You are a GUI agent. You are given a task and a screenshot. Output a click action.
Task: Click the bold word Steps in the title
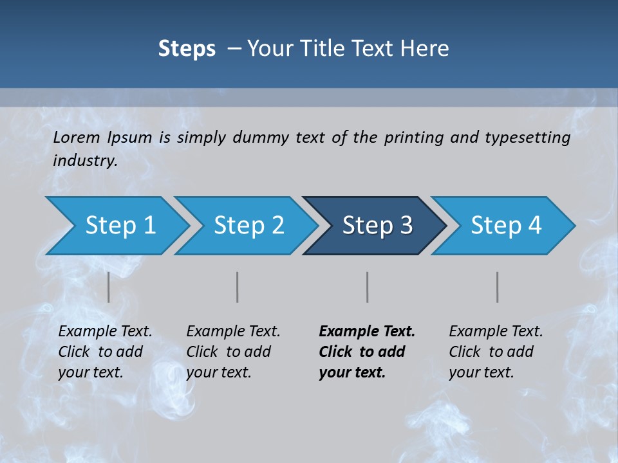pyautogui.click(x=187, y=49)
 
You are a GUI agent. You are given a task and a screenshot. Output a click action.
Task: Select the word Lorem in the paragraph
pyautogui.click(x=77, y=137)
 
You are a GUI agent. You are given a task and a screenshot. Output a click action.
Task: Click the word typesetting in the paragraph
pyautogui.click(x=527, y=137)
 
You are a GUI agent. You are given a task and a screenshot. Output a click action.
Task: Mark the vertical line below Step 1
pyautogui.click(x=108, y=287)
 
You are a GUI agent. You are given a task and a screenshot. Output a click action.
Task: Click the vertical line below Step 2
pyautogui.click(x=238, y=287)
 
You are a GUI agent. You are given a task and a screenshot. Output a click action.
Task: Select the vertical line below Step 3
pyautogui.click(x=367, y=287)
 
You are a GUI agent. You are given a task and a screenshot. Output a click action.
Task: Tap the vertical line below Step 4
pyautogui.click(x=497, y=287)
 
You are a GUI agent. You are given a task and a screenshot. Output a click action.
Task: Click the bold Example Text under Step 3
pyautogui.click(x=367, y=332)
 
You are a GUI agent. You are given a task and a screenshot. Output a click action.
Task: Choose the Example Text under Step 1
pyautogui.click(x=105, y=332)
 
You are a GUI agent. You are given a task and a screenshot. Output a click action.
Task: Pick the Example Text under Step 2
pyautogui.click(x=233, y=332)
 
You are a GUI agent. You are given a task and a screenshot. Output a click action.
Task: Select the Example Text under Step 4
pyautogui.click(x=496, y=332)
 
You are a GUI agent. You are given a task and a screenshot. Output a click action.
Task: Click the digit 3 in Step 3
pyautogui.click(x=405, y=226)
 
